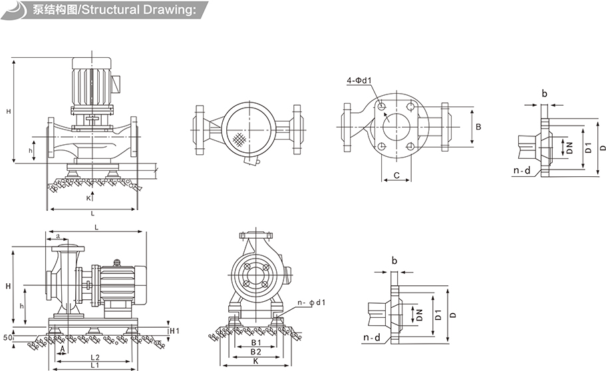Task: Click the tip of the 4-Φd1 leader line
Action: (380, 104)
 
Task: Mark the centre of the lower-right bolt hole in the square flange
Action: (411, 146)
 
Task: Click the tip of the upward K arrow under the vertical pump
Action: (92, 191)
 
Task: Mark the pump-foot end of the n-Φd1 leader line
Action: (277, 318)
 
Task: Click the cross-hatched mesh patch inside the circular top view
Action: (240, 139)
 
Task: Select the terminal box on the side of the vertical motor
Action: (116, 84)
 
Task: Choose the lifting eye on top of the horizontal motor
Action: (116, 263)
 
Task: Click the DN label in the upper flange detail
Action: (569, 148)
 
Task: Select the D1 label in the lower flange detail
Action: (438, 315)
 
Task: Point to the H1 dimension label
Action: (175, 331)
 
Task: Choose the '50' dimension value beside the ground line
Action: (8, 337)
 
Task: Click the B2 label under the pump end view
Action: (256, 352)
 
